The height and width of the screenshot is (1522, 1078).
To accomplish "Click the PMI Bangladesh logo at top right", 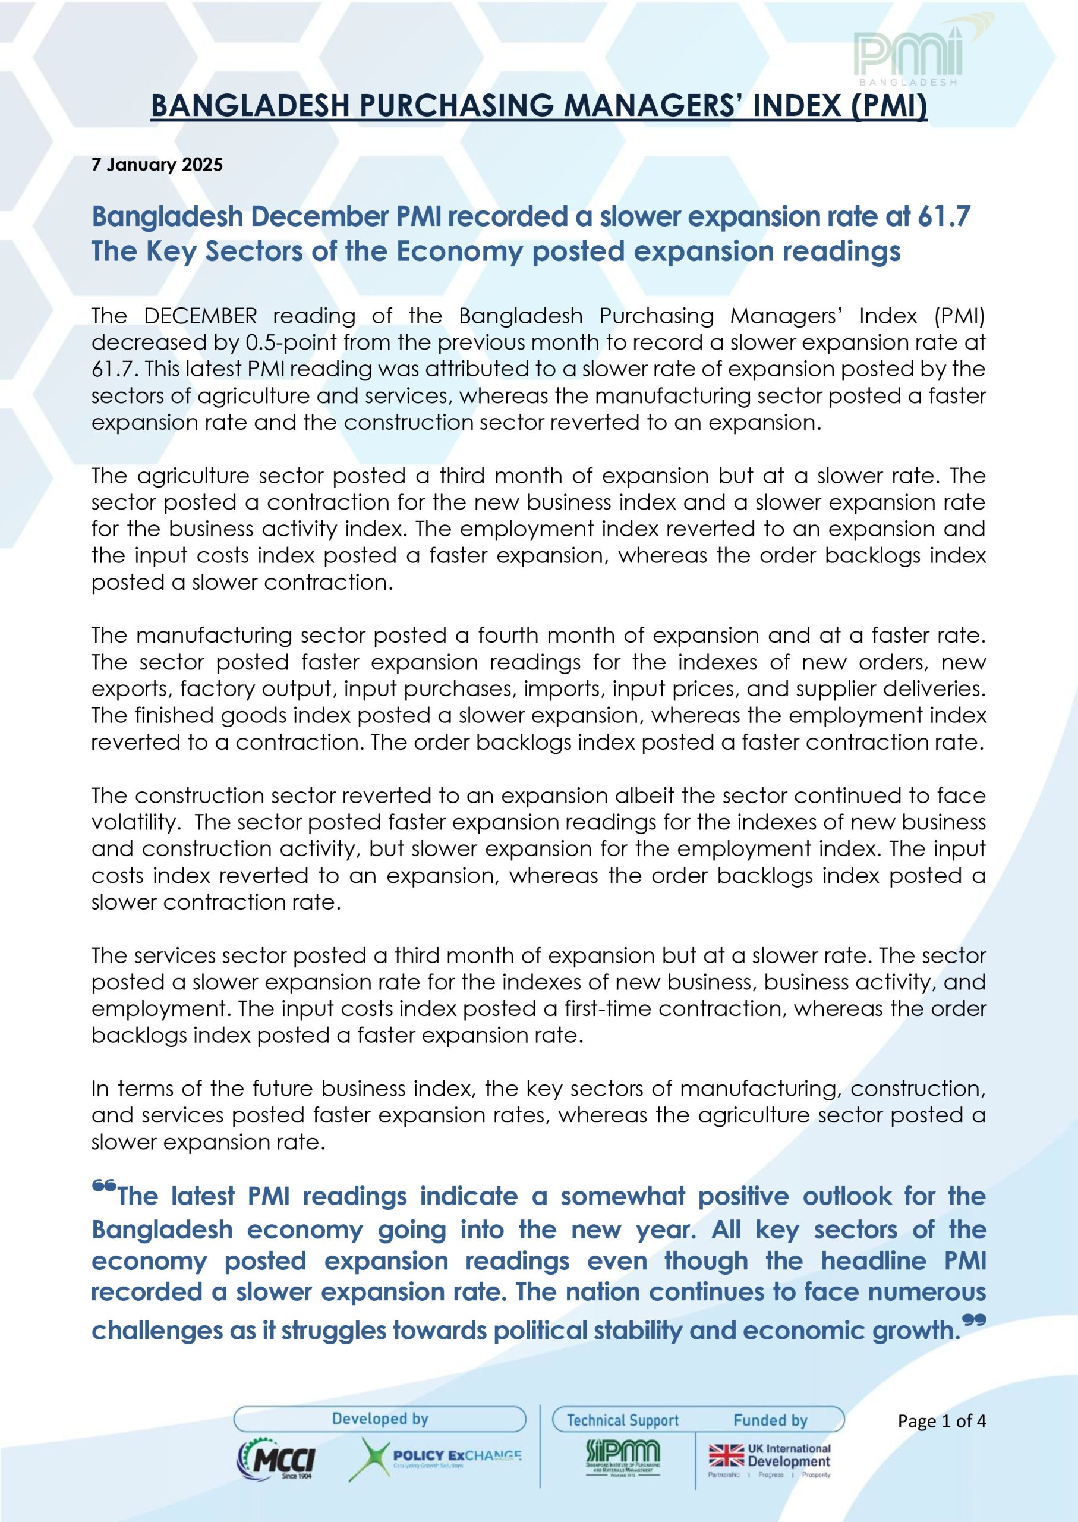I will pos(908,56).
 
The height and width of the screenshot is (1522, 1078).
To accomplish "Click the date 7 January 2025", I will pos(157,165).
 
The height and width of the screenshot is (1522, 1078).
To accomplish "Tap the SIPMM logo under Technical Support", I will pos(623,1457).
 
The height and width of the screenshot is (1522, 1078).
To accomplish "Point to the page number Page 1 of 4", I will pos(941,1421).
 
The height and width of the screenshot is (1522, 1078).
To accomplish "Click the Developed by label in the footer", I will pos(380,1419).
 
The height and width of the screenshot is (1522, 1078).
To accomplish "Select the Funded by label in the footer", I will pos(770,1420).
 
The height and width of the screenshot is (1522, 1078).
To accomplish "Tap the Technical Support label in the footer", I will pos(623,1420).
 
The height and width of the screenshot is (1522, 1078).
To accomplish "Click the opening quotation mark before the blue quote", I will pos(104,1186).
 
